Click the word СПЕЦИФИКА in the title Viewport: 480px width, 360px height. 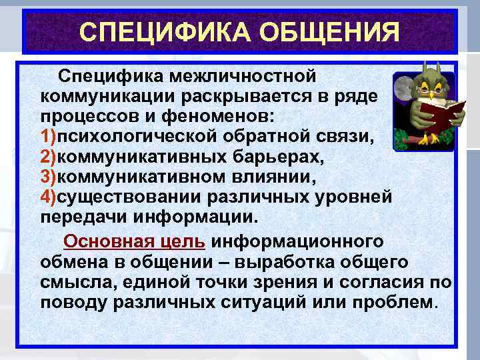click(157, 33)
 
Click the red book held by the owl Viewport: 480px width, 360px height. click(433, 110)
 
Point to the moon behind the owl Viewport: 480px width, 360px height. click(403, 89)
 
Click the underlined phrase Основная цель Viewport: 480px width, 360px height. click(135, 241)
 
